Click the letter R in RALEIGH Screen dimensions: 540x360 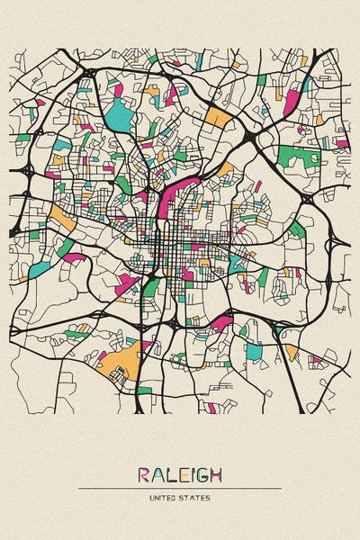(144, 475)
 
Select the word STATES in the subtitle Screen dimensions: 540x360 (195, 498)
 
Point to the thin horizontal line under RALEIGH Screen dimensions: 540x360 (180, 489)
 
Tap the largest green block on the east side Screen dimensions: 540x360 (299, 157)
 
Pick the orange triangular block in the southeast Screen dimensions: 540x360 (291, 350)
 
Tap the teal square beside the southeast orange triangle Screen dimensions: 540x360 (254, 352)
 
